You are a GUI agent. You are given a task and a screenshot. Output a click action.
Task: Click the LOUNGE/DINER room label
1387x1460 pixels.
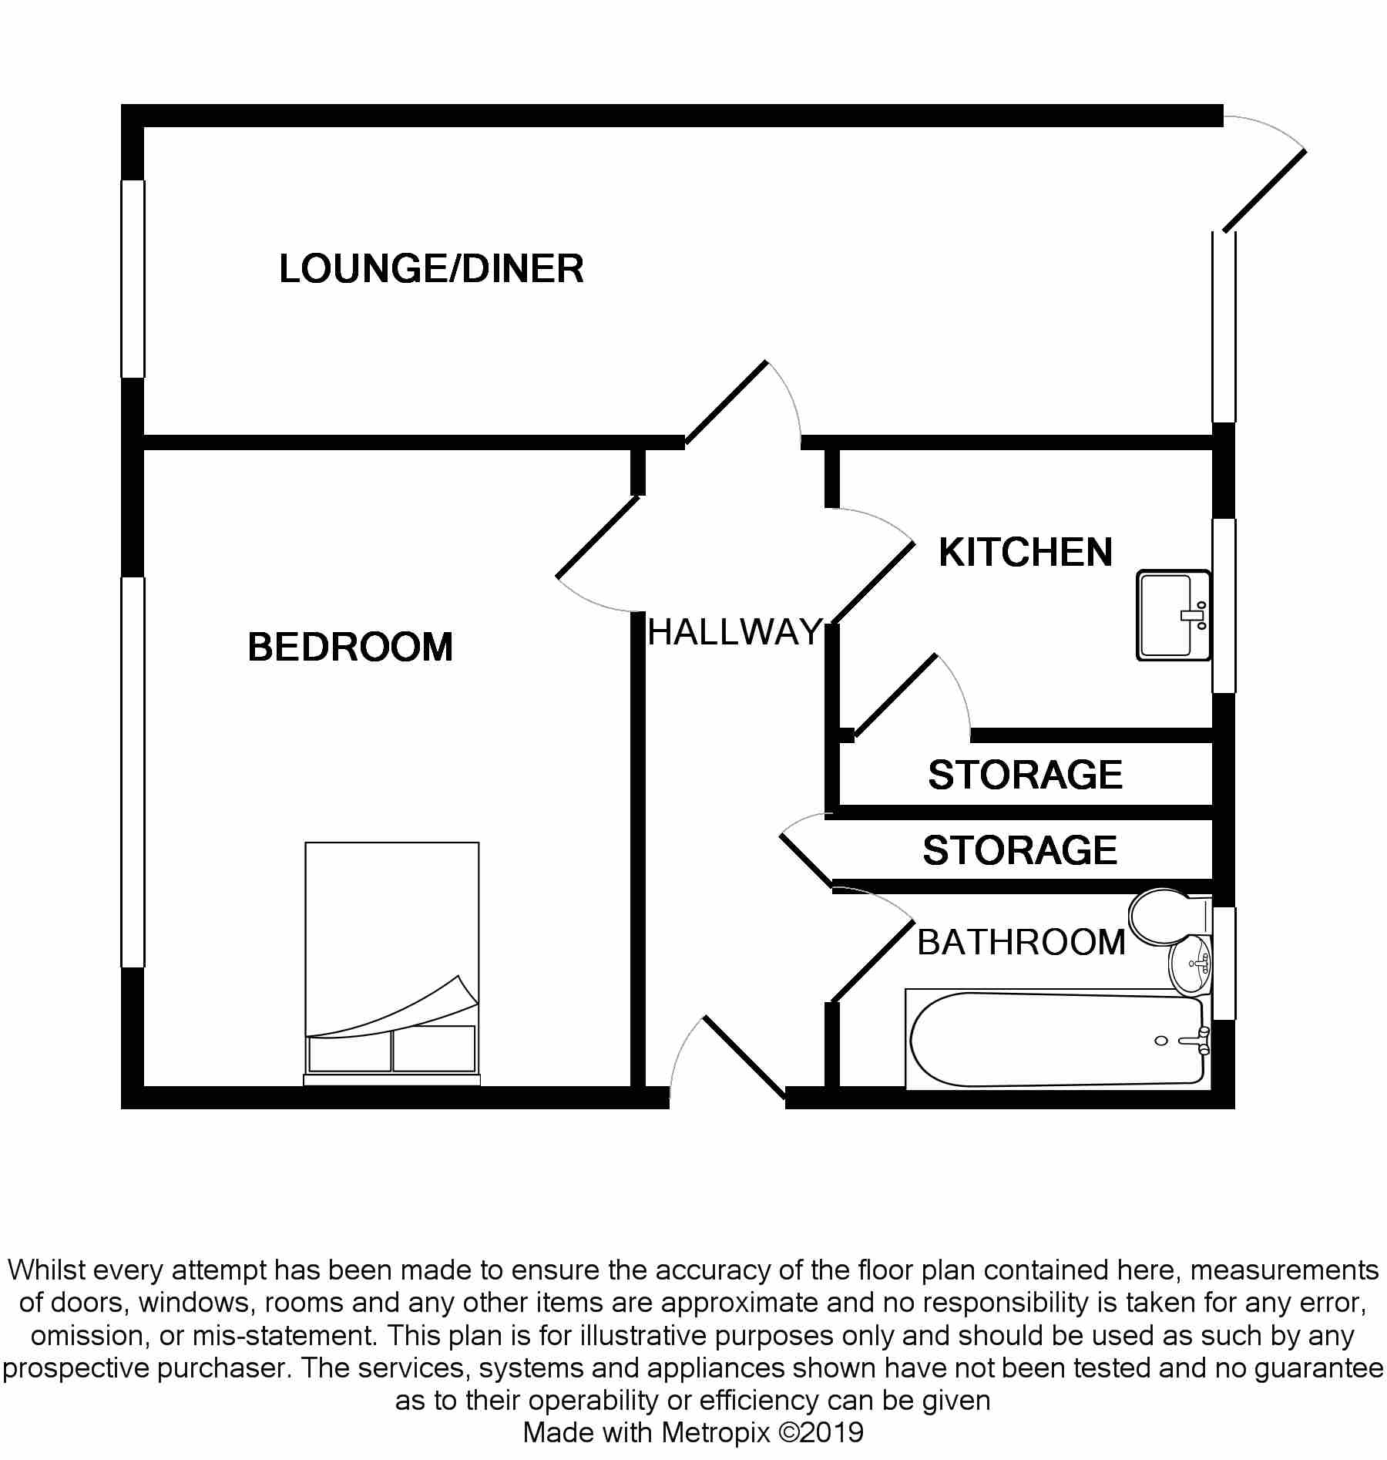coord(431,269)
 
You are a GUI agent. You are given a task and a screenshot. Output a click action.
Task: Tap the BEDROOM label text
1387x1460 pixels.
coord(350,647)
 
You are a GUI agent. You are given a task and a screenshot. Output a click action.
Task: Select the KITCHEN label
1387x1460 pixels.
coord(1026,553)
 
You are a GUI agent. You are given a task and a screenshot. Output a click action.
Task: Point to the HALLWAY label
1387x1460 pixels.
coord(734,633)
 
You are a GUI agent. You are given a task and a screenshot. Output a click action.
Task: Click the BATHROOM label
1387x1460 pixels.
coord(1021,942)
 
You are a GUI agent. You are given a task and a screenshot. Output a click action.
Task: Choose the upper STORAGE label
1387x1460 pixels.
coord(1025,775)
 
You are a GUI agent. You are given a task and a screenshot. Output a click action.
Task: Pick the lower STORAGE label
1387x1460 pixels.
coord(1019,850)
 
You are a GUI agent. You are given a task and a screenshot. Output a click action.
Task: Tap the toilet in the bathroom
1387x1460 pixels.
coord(1164,917)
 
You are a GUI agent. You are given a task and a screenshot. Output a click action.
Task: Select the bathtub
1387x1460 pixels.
coord(1056,1040)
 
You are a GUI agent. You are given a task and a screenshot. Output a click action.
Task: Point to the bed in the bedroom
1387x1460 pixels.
coord(391,948)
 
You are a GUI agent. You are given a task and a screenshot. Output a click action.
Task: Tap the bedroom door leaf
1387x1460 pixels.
coord(598,537)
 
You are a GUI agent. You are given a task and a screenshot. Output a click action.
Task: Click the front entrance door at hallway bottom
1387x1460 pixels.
coord(744,1056)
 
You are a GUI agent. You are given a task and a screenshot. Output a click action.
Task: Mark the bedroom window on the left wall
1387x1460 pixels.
coord(133,771)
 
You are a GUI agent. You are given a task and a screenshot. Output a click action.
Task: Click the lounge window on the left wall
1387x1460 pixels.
coord(133,279)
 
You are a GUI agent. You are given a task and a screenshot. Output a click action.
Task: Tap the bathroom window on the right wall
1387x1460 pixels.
coord(1224,964)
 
